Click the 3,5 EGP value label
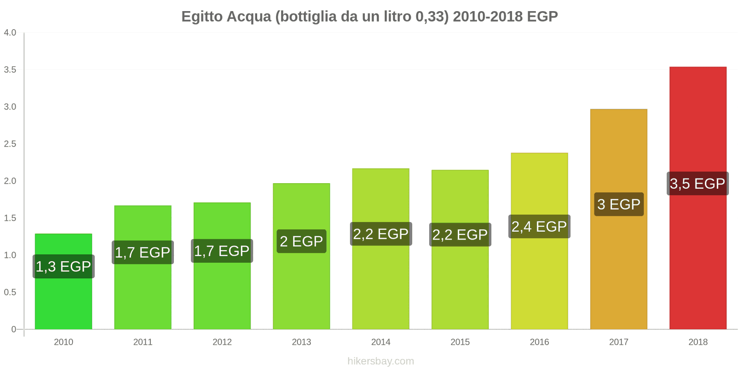coord(697,184)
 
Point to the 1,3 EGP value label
coord(63,266)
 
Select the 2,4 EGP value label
coord(539,227)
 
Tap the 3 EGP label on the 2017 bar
coord(618,204)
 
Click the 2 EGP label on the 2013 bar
coord(301,241)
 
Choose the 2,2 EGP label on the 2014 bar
coord(381,234)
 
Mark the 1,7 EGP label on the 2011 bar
coord(142,253)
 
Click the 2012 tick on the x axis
coord(222,342)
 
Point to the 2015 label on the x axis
coord(460,342)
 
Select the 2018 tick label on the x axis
coord(697,342)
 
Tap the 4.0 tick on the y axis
coord(10,33)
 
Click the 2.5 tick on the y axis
coord(10,144)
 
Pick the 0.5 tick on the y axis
coord(10,292)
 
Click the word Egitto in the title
coord(203,17)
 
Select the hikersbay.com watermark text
coord(381,361)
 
